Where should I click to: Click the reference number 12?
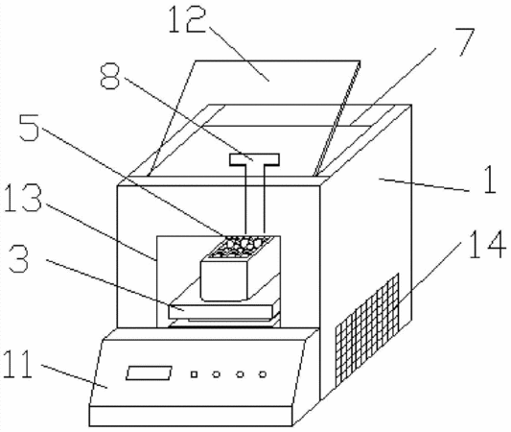coord(187,19)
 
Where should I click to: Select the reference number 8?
coord(110,77)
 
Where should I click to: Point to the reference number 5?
coord(29,128)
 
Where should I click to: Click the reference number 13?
coord(23,198)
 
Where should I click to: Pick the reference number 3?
coord(18,259)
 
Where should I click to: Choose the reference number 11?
coord(18,364)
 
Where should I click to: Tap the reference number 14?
coord(488,245)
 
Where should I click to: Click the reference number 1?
coord(490,180)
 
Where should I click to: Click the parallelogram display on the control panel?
coord(149,372)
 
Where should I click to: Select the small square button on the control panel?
coord(194,374)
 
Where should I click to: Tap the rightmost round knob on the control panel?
coord(263,374)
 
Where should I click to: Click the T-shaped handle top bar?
coord(254,159)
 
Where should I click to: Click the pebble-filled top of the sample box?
coord(241,247)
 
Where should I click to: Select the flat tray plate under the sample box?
coord(221,312)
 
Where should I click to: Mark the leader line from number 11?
coord(75,376)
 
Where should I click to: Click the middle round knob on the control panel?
coord(240,374)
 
